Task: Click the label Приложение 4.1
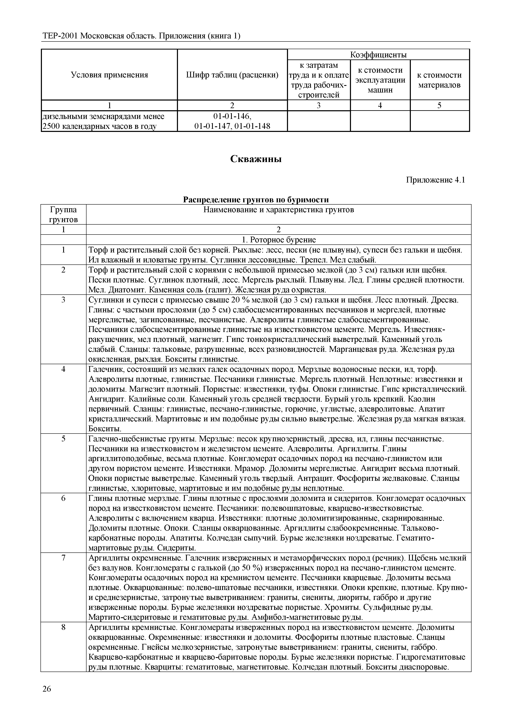click(435, 180)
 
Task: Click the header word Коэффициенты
click(378, 55)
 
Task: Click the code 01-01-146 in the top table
click(232, 116)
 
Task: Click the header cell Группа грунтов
click(63, 214)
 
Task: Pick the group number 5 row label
click(63, 439)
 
